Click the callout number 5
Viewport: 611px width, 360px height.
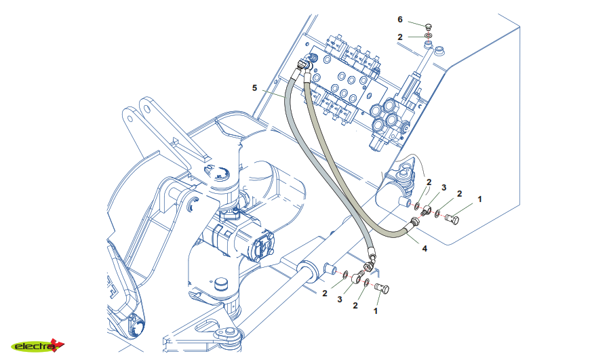coord(255,87)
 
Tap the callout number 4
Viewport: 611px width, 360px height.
coord(425,249)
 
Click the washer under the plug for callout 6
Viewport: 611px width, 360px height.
coord(429,35)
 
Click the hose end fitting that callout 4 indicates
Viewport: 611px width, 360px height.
coord(413,224)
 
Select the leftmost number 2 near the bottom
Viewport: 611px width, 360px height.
coord(325,293)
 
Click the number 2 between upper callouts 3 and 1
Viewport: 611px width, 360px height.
coord(459,194)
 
